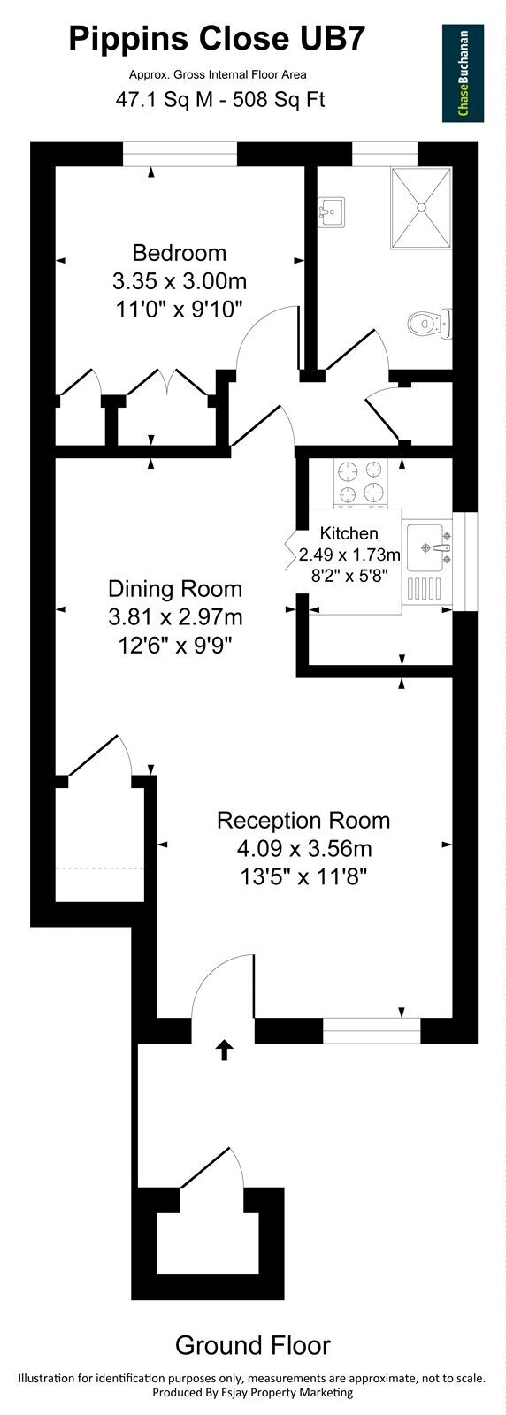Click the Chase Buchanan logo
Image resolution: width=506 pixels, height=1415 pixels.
[463, 73]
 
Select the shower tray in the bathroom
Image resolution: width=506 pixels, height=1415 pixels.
[421, 207]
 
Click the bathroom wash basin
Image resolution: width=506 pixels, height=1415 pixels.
[332, 211]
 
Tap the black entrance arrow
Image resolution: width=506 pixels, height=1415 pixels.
[225, 1050]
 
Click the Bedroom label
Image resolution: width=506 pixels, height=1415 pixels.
[180, 253]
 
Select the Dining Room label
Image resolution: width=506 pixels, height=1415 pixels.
[175, 589]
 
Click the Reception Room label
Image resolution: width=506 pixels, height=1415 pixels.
[303, 820]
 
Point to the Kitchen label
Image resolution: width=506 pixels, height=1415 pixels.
[349, 533]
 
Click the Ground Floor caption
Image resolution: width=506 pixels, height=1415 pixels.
[253, 1345]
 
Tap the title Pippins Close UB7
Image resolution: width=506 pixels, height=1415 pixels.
[217, 39]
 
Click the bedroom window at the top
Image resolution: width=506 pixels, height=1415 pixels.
[180, 154]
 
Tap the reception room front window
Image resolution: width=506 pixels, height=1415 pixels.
[372, 1031]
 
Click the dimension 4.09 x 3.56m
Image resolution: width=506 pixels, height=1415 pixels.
[303, 848]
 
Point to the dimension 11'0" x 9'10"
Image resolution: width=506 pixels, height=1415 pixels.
[179, 309]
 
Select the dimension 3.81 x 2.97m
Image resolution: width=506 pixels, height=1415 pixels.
[175, 616]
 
